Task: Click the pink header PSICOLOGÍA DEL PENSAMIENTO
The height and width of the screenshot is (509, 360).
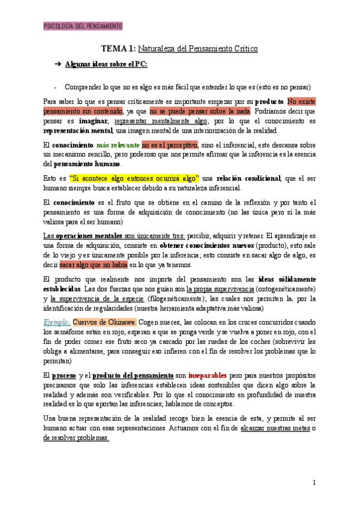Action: pos(83,26)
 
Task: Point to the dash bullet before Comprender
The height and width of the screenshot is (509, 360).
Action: pos(55,86)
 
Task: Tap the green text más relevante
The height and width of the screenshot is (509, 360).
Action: pos(118,145)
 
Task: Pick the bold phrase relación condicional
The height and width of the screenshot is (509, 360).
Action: pos(248,178)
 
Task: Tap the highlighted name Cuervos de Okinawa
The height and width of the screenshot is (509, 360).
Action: pos(104,322)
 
